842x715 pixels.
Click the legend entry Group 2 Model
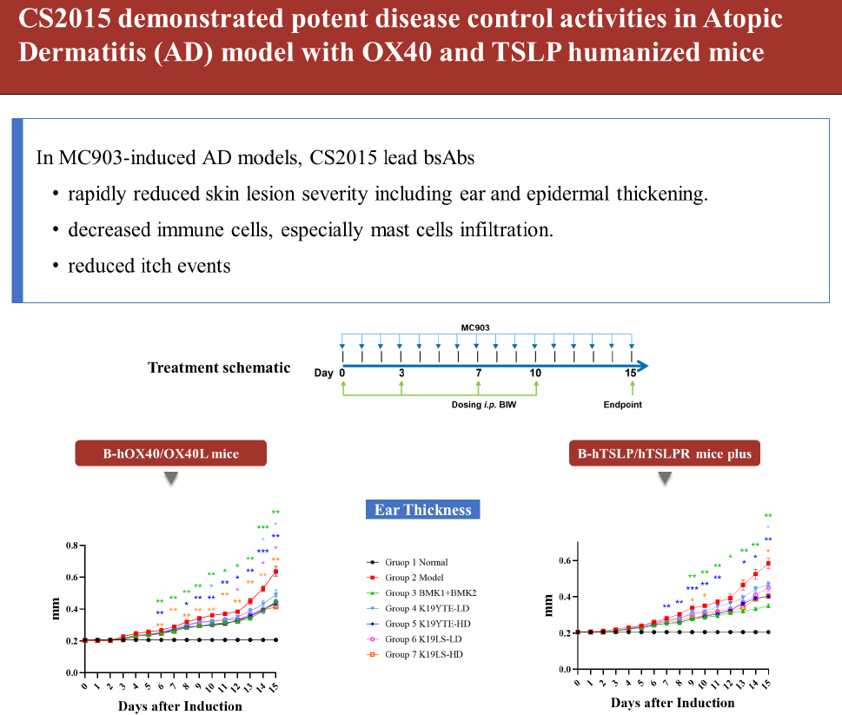click(x=416, y=577)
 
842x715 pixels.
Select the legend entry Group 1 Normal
click(x=416, y=562)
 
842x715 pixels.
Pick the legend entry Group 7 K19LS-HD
click(x=423, y=652)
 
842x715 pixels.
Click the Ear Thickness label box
click(x=422, y=510)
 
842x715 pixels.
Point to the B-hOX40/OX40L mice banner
click(x=169, y=453)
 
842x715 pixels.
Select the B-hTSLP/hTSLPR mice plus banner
click(x=666, y=453)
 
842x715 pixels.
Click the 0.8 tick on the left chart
click(x=72, y=546)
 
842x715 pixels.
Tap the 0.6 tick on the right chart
click(x=565, y=560)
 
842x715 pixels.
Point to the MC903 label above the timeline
click(x=477, y=328)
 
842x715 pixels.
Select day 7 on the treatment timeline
click(x=478, y=372)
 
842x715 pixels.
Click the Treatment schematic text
click(x=219, y=367)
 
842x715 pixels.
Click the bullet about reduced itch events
click(x=149, y=265)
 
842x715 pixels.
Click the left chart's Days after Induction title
click(x=180, y=705)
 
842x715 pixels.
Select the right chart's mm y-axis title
click(x=549, y=606)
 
